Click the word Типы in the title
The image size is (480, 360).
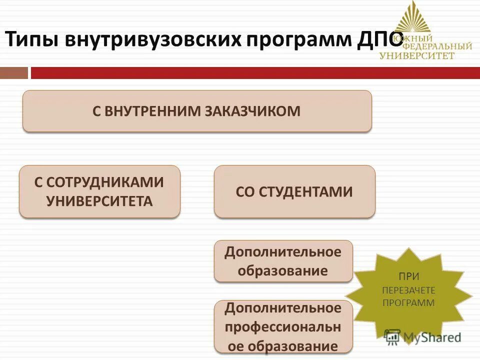(x=31, y=39)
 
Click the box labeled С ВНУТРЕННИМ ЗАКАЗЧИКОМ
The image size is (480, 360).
(x=197, y=111)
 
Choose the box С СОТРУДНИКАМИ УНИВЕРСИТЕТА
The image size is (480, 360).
(x=99, y=191)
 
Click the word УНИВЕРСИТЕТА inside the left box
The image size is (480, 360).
(x=99, y=201)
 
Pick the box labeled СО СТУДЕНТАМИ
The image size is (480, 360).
(x=294, y=191)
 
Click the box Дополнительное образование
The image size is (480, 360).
(x=283, y=261)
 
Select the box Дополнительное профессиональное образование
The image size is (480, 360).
(x=283, y=327)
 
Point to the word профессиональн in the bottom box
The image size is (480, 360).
(x=283, y=327)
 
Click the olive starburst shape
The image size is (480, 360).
(x=408, y=295)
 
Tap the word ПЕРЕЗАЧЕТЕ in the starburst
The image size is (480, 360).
(x=408, y=290)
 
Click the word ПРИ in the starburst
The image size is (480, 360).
(x=408, y=276)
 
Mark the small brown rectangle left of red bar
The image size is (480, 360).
(x=14, y=73)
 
